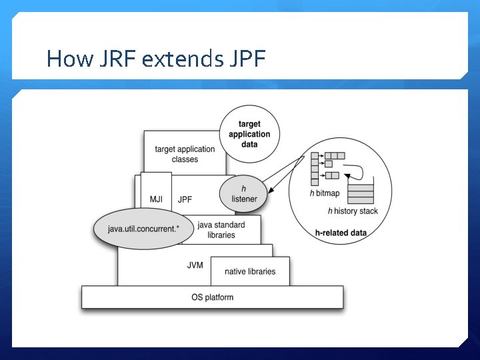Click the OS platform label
[x=212, y=297]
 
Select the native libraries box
[x=250, y=271]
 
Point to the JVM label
[x=195, y=265]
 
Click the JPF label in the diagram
[x=185, y=199]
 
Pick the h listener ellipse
[x=244, y=193]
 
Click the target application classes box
[x=185, y=154]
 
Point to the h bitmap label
[x=325, y=193]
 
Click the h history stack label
[x=352, y=211]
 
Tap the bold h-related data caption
[x=341, y=233]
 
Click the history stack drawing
[x=361, y=192]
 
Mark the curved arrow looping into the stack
[x=357, y=169]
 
